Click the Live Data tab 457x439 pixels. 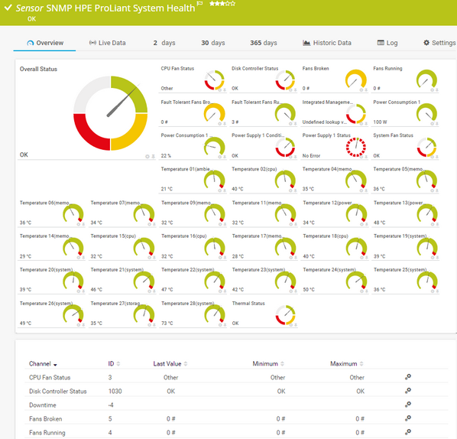point(107,43)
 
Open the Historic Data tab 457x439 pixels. point(327,43)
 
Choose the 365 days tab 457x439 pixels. point(264,43)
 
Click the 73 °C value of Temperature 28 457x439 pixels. point(167,324)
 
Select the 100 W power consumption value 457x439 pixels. point(380,122)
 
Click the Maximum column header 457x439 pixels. point(343,364)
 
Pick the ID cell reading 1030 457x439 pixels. point(115,391)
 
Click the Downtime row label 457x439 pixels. point(44,405)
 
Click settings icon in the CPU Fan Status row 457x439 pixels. point(407,377)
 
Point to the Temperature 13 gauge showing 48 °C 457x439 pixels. point(427,213)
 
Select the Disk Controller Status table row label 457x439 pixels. point(58,391)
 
